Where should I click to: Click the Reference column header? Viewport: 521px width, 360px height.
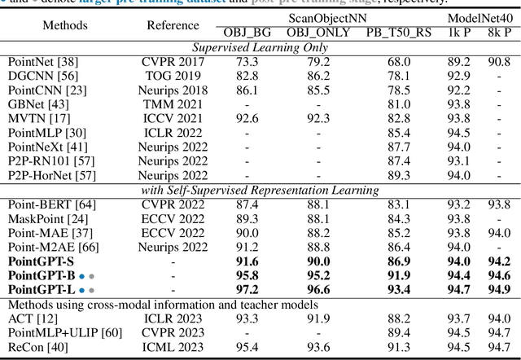pyautogui.click(x=173, y=25)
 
